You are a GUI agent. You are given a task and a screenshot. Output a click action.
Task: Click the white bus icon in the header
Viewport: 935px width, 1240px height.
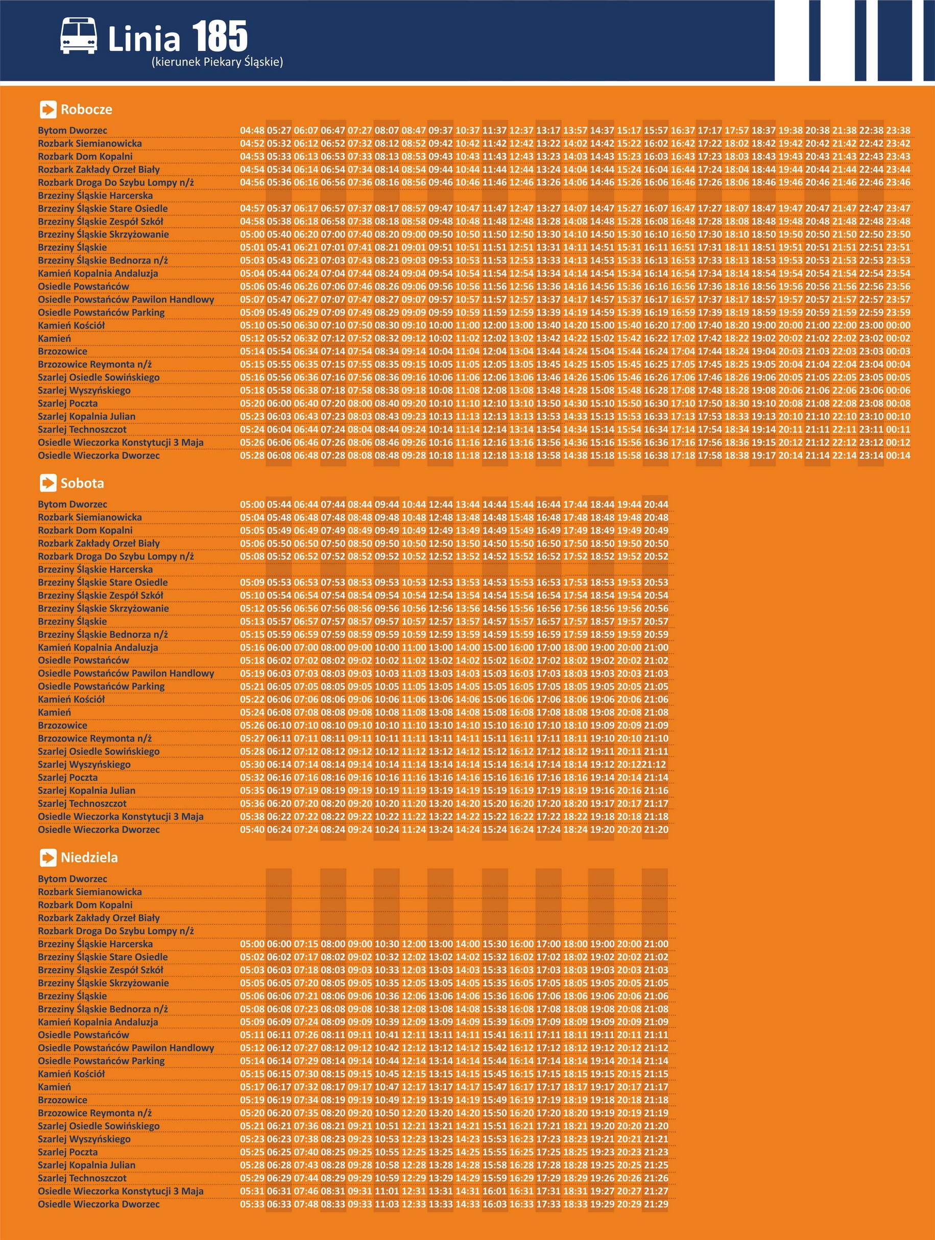(79, 36)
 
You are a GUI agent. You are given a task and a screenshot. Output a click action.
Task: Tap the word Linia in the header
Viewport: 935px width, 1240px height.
(144, 40)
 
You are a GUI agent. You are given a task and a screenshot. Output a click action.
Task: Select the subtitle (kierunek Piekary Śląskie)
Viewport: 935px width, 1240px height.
(217, 62)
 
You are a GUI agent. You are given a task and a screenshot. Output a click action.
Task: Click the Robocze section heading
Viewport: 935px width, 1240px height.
(86, 109)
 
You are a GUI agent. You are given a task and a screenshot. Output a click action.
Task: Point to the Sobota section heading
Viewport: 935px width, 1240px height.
(82, 483)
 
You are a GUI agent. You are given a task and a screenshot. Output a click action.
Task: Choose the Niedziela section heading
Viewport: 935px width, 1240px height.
(89, 857)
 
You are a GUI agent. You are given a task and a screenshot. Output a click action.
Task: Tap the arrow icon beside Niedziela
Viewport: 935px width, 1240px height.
(48, 857)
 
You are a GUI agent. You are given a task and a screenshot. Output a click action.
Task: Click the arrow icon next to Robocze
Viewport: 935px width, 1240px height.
(48, 109)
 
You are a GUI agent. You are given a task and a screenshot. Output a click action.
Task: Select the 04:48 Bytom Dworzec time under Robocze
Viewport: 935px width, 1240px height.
(252, 131)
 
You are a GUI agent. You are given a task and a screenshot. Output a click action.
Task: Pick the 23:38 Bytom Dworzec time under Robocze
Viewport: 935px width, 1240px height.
(898, 131)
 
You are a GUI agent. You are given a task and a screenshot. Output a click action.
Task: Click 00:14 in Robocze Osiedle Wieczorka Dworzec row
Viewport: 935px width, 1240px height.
(898, 456)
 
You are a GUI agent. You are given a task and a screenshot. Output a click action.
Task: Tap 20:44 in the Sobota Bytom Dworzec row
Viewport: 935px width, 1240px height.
(656, 505)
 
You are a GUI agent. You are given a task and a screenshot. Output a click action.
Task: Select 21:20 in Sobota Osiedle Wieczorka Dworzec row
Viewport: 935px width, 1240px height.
(656, 830)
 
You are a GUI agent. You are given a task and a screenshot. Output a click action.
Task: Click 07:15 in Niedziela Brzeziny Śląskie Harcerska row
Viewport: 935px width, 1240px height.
(306, 944)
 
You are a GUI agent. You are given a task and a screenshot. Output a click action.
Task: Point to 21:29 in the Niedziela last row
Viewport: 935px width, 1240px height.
(656, 1204)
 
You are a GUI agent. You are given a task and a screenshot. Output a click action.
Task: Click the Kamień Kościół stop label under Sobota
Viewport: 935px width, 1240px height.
(71, 700)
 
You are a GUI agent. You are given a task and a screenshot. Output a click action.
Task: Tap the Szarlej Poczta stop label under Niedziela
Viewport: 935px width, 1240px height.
(68, 1152)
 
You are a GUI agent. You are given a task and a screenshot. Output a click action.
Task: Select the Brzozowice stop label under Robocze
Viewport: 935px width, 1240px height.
(63, 351)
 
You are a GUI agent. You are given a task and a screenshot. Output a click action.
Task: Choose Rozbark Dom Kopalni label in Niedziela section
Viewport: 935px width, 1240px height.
(85, 905)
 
